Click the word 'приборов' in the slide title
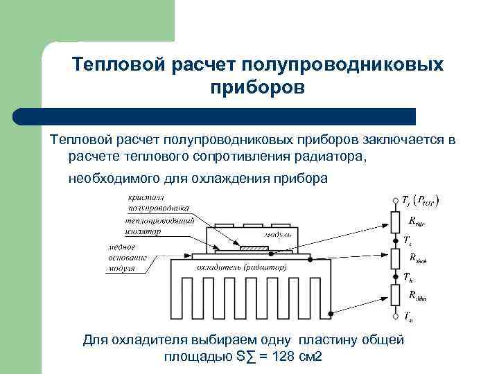pyautogui.click(x=256, y=89)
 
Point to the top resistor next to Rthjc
pyautogui.click(x=394, y=222)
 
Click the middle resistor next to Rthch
pyautogui.click(x=394, y=258)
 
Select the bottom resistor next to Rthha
pyautogui.click(x=394, y=296)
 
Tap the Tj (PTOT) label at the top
pyautogui.click(x=423, y=200)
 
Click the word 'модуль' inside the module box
pyautogui.click(x=273, y=235)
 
